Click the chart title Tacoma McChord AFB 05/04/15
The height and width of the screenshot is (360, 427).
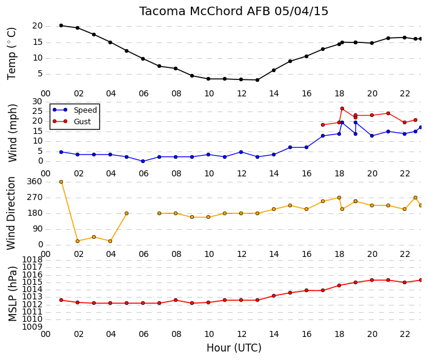point(234,11)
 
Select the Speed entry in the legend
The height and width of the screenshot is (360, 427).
point(75,110)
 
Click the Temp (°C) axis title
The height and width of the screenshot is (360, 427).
point(12,54)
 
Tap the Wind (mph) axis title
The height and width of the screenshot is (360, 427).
point(12,133)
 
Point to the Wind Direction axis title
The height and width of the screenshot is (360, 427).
point(11,213)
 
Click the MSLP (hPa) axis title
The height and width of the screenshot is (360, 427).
point(13,293)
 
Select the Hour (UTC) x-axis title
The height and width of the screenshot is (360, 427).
point(234,348)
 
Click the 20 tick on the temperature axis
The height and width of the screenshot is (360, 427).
point(38,26)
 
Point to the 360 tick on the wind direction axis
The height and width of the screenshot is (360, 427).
point(35,181)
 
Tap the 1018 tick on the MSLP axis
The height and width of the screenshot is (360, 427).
point(32,259)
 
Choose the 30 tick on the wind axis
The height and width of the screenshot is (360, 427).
point(38,102)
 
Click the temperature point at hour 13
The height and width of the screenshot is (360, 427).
point(257,80)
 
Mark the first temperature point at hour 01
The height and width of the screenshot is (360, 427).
point(61,25)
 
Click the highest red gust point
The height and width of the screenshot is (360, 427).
point(342,108)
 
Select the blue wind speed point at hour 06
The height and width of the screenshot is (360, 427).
point(143,161)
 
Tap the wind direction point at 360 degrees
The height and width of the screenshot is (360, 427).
point(61,182)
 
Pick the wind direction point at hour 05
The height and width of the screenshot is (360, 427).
point(127,213)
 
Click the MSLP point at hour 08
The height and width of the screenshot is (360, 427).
point(176,300)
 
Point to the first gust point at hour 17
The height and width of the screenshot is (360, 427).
point(323,125)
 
